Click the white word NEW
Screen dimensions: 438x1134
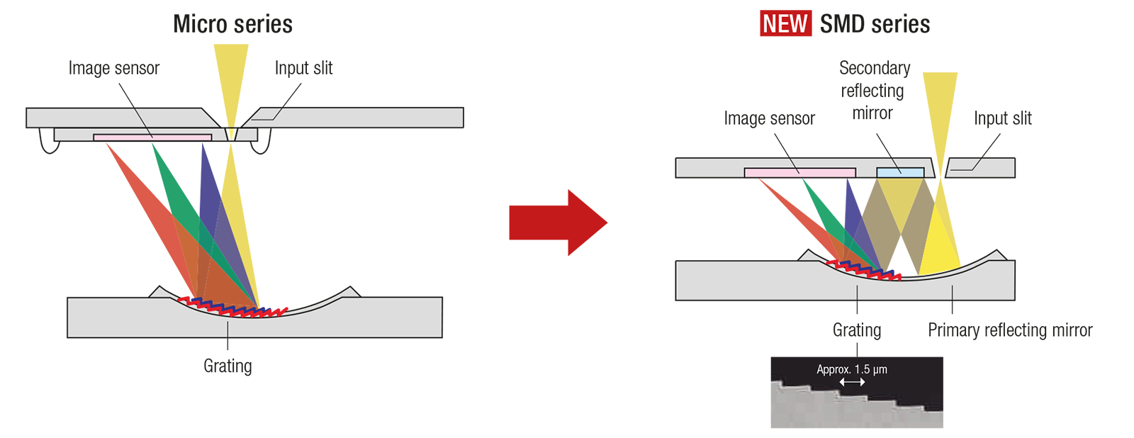(785, 24)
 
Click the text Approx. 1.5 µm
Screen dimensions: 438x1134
(851, 369)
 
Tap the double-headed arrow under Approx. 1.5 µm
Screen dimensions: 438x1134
(852, 382)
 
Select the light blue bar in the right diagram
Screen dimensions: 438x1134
(900, 172)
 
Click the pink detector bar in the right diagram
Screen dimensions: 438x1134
(799, 172)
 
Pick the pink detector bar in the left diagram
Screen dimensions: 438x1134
(152, 137)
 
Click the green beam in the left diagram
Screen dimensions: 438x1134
(167, 177)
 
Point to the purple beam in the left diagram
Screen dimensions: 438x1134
(206, 177)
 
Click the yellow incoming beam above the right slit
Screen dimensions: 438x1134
(943, 106)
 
